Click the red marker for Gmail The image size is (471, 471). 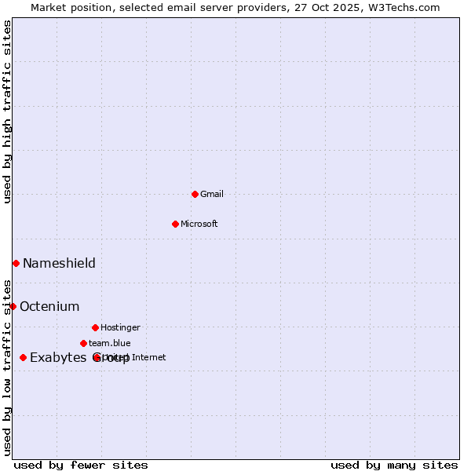pyautogui.click(x=195, y=194)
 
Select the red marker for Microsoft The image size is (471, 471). pyautogui.click(x=175, y=224)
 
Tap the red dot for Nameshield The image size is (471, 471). pyautogui.click(x=16, y=263)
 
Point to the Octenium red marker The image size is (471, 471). pyautogui.click(x=13, y=306)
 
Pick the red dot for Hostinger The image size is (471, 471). pyautogui.click(x=95, y=327)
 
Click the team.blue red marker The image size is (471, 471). pyautogui.click(x=83, y=343)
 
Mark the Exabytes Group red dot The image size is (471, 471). pyautogui.click(x=23, y=358)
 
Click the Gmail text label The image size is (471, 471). pyautogui.click(x=212, y=194)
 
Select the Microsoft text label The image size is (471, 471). pyautogui.click(x=199, y=224)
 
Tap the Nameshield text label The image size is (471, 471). pyautogui.click(x=59, y=263)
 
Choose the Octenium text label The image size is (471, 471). pyautogui.click(x=49, y=306)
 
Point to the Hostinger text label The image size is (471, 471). pyautogui.click(x=120, y=327)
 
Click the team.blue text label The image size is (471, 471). pyautogui.click(x=109, y=343)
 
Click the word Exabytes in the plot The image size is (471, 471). pyautogui.click(x=57, y=358)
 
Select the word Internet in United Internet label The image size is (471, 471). pyautogui.click(x=150, y=358)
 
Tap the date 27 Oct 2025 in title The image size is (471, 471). pyautogui.click(x=319, y=7)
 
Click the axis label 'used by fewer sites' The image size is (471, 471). pyautogui.click(x=81, y=465)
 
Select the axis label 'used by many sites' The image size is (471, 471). pyautogui.click(x=394, y=465)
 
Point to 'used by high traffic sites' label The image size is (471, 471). pyautogui.click(x=7, y=111)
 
